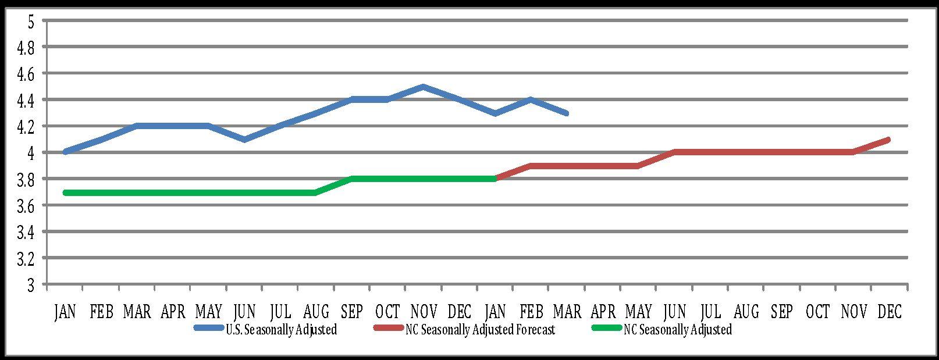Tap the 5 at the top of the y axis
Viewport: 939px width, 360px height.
tap(31, 22)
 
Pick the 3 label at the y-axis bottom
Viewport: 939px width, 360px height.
tap(31, 286)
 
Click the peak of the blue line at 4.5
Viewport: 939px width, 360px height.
tap(424, 87)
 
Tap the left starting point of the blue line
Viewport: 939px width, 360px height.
tap(66, 152)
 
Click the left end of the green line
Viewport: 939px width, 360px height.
tap(65, 193)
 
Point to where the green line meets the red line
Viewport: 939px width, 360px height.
tap(495, 179)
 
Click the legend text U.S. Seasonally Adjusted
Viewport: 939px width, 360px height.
tap(281, 330)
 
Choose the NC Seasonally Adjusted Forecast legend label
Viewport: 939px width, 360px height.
tap(481, 330)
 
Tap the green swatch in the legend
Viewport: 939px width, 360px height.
tap(606, 328)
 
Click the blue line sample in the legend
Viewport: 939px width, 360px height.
tap(208, 328)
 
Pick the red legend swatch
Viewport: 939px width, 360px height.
tap(388, 328)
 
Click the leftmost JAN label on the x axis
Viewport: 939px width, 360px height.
tap(65, 312)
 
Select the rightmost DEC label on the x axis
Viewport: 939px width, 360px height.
tap(890, 312)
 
